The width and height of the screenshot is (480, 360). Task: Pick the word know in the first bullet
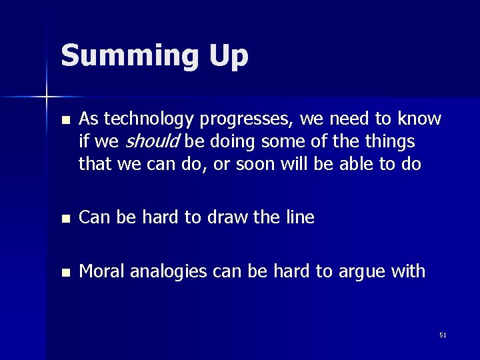(x=418, y=119)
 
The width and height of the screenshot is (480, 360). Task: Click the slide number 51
(x=443, y=335)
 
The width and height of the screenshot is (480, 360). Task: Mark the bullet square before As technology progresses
(x=64, y=121)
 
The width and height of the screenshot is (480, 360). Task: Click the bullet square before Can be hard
(x=64, y=219)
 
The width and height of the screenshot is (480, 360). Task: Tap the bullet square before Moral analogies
(x=64, y=273)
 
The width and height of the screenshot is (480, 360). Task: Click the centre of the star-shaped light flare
(x=47, y=98)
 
